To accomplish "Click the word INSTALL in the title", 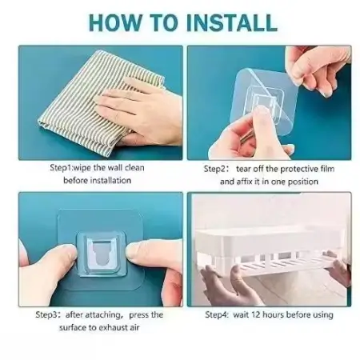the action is pyautogui.click(x=232, y=22).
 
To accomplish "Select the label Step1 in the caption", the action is pyautogui.click(x=61, y=168).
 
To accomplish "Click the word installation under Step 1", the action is pyautogui.click(x=110, y=181).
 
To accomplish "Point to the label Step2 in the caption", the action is pyautogui.click(x=214, y=169).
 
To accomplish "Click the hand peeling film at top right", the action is pyautogui.click(x=318, y=70).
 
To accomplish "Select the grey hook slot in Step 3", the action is pyautogui.click(x=102, y=254).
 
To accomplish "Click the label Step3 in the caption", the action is pyautogui.click(x=46, y=315).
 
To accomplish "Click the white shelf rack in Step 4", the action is pyautogui.click(x=270, y=250).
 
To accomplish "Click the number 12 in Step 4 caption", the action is pyautogui.click(x=255, y=315).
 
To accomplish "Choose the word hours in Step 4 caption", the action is pyautogui.click(x=272, y=315).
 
